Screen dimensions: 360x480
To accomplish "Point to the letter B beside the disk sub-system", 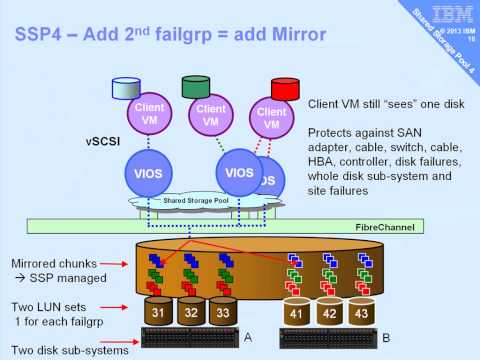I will pos(386,339).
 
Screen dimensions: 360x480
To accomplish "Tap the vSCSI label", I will pos(101,142).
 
